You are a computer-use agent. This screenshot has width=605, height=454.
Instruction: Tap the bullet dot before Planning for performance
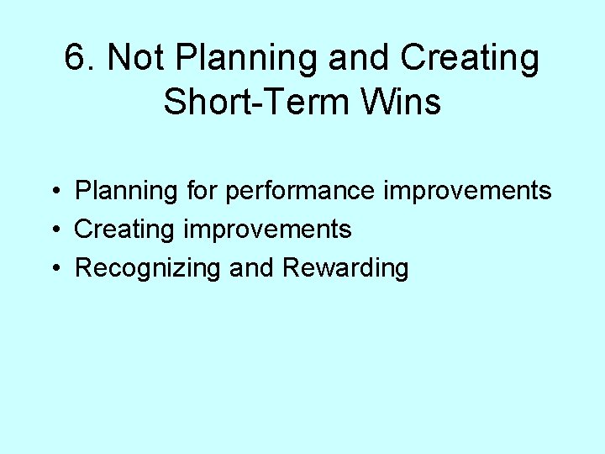click(x=53, y=192)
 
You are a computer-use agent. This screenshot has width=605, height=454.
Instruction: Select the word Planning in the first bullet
click(x=127, y=192)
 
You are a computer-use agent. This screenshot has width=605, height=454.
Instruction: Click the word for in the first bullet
click(x=202, y=191)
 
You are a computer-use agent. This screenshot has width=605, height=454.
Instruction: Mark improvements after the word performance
click(x=468, y=192)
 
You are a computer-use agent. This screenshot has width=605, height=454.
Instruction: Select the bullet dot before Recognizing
click(x=53, y=269)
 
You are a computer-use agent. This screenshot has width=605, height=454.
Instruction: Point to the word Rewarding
click(x=345, y=269)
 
